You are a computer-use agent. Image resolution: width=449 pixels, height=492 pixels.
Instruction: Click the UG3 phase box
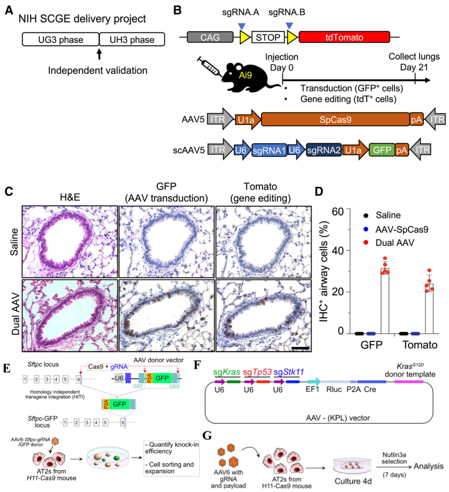61,39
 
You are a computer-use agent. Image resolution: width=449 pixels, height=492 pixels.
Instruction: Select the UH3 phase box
132,39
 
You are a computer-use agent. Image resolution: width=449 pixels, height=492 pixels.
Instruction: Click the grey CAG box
210,37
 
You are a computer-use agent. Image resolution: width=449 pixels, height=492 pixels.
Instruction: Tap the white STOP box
268,37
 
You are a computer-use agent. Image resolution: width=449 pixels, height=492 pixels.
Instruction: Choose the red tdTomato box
344,37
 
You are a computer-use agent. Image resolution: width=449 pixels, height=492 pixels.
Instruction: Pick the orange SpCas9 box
335,119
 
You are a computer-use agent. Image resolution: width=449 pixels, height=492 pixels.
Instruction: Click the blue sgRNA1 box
269,150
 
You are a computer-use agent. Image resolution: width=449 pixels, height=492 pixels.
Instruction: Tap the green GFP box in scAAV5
382,150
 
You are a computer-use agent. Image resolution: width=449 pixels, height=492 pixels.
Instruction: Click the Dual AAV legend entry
394,243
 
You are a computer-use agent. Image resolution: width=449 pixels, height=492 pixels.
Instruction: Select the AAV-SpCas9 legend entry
401,229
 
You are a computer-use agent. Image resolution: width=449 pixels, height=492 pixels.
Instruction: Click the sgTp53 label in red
257,372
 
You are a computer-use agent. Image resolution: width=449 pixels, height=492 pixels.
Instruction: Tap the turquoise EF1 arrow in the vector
313,381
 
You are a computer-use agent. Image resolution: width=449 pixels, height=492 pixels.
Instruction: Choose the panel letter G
207,435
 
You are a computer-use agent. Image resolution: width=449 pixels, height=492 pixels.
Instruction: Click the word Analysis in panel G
429,466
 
